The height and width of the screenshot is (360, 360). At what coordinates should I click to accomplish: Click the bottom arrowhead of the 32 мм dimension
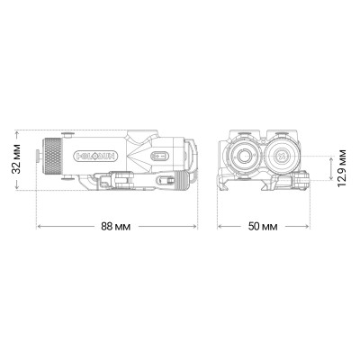(16, 188)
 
